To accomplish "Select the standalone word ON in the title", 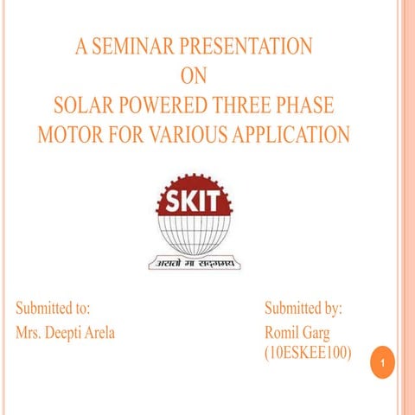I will click(x=195, y=76).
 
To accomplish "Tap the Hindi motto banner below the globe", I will click(x=195, y=261).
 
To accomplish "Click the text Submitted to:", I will click(x=53, y=308).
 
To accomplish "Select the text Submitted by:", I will click(x=303, y=308).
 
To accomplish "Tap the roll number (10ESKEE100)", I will click(x=308, y=354).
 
